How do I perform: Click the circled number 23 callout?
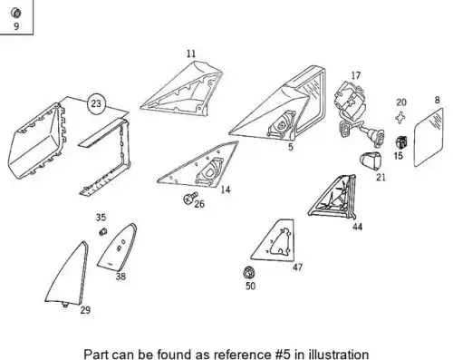tap(96, 103)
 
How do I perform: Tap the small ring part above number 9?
tap(15, 13)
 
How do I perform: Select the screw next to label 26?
tap(190, 198)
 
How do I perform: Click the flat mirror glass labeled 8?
tap(429, 138)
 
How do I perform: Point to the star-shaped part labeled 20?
tap(400, 117)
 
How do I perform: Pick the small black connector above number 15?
tap(401, 142)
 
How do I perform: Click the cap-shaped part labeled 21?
tap(371, 160)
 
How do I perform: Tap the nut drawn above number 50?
tap(249, 273)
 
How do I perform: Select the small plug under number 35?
tap(103, 232)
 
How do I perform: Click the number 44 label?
tap(357, 227)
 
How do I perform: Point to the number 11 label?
tap(191, 54)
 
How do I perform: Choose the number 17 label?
tap(356, 75)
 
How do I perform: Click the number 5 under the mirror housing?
tap(290, 147)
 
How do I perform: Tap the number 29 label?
tap(85, 310)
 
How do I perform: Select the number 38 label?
tap(120, 277)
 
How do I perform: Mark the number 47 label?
tap(297, 268)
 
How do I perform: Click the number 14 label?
tap(226, 190)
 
